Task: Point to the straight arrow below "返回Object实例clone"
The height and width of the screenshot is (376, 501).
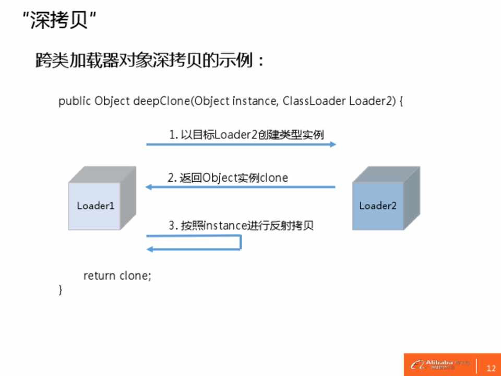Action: tap(240, 187)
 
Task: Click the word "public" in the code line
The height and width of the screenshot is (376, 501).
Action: tap(75, 101)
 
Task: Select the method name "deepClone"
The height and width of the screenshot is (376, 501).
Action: tap(161, 101)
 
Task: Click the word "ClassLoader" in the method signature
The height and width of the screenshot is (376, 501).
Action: tap(314, 101)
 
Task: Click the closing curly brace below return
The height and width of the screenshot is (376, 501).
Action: tap(61, 289)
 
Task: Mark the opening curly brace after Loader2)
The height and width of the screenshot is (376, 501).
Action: tap(401, 101)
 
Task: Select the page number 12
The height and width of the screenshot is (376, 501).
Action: tap(491, 368)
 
